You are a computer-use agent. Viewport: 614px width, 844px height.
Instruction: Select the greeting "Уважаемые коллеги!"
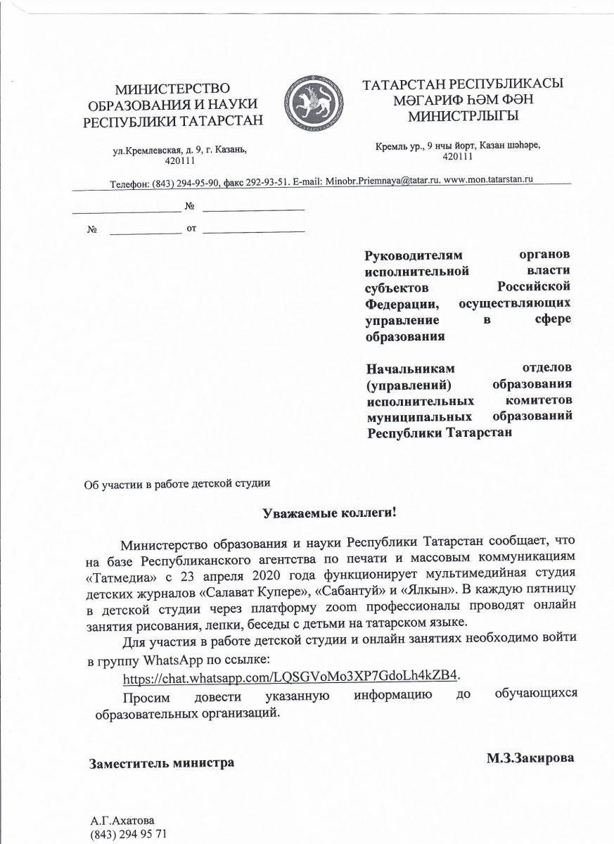pyautogui.click(x=330, y=513)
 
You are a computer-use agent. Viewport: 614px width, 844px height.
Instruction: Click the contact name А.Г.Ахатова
pyautogui.click(x=122, y=821)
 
